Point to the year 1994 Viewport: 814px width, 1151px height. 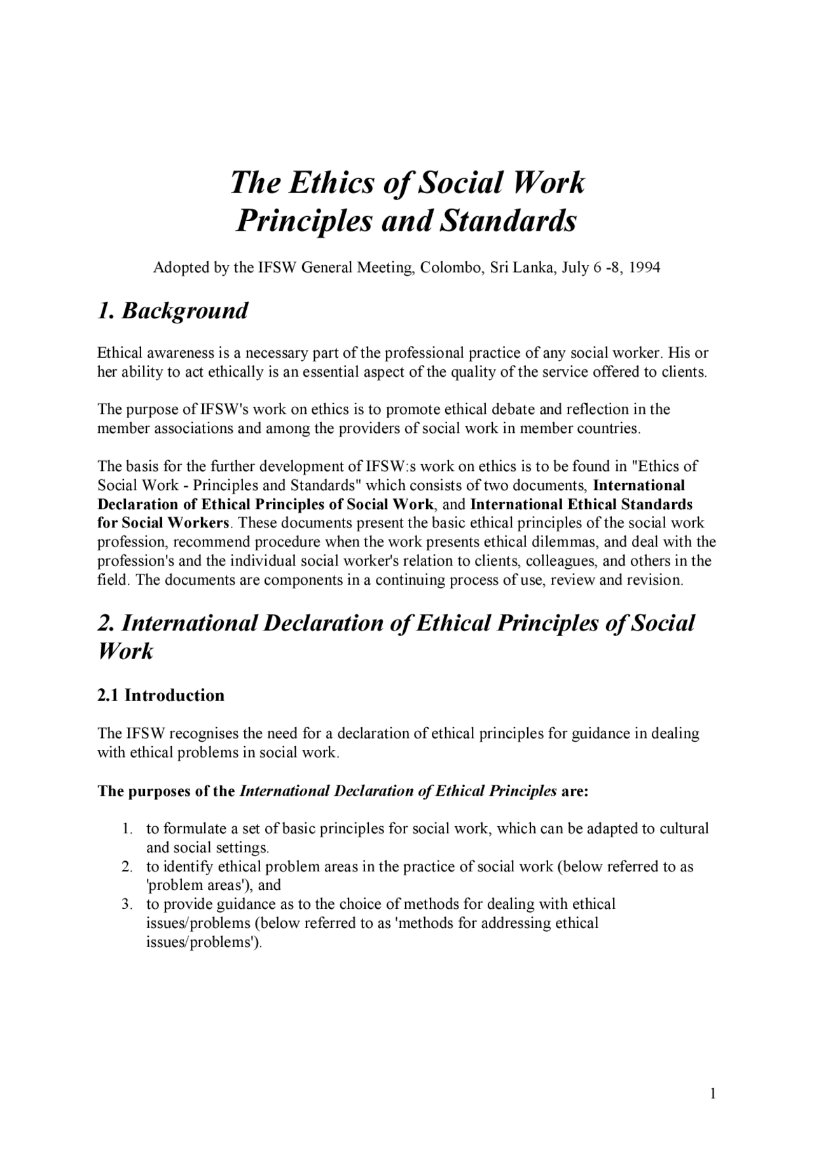(x=644, y=268)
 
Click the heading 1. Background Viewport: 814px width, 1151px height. (x=172, y=311)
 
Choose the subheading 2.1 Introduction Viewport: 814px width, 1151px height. (x=161, y=695)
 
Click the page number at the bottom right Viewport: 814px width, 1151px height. (x=713, y=1094)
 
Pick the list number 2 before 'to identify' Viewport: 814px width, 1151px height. (x=127, y=867)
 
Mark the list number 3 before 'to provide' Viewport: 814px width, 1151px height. (x=127, y=904)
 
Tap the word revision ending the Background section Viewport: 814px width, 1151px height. (x=654, y=580)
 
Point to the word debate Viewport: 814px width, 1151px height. (x=512, y=409)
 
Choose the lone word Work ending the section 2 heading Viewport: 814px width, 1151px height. (x=125, y=651)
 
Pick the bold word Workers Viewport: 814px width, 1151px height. (x=198, y=523)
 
